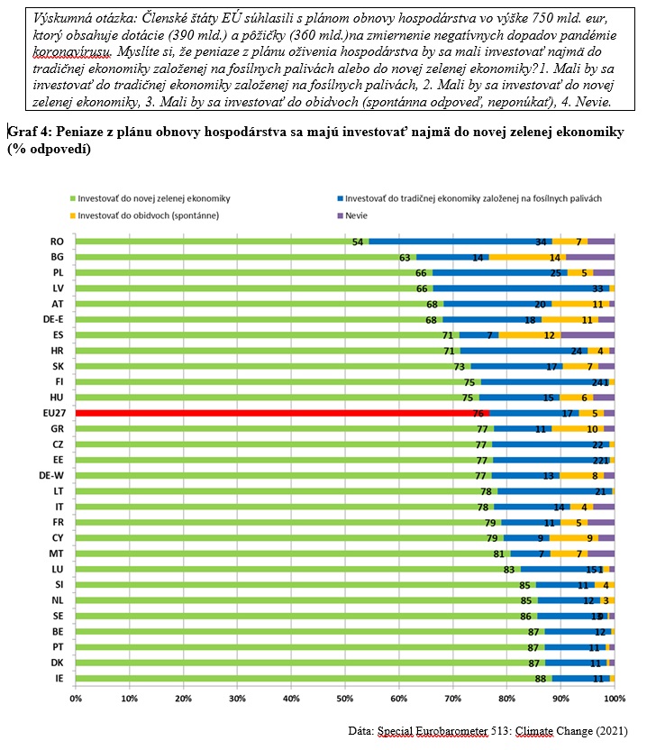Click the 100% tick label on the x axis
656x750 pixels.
point(615,699)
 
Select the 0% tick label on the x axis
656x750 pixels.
point(76,699)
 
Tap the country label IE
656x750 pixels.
point(57,678)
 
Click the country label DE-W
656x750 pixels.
point(51,475)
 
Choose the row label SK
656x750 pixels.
point(57,366)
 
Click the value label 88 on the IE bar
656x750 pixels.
point(541,678)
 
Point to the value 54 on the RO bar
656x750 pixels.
point(358,242)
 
